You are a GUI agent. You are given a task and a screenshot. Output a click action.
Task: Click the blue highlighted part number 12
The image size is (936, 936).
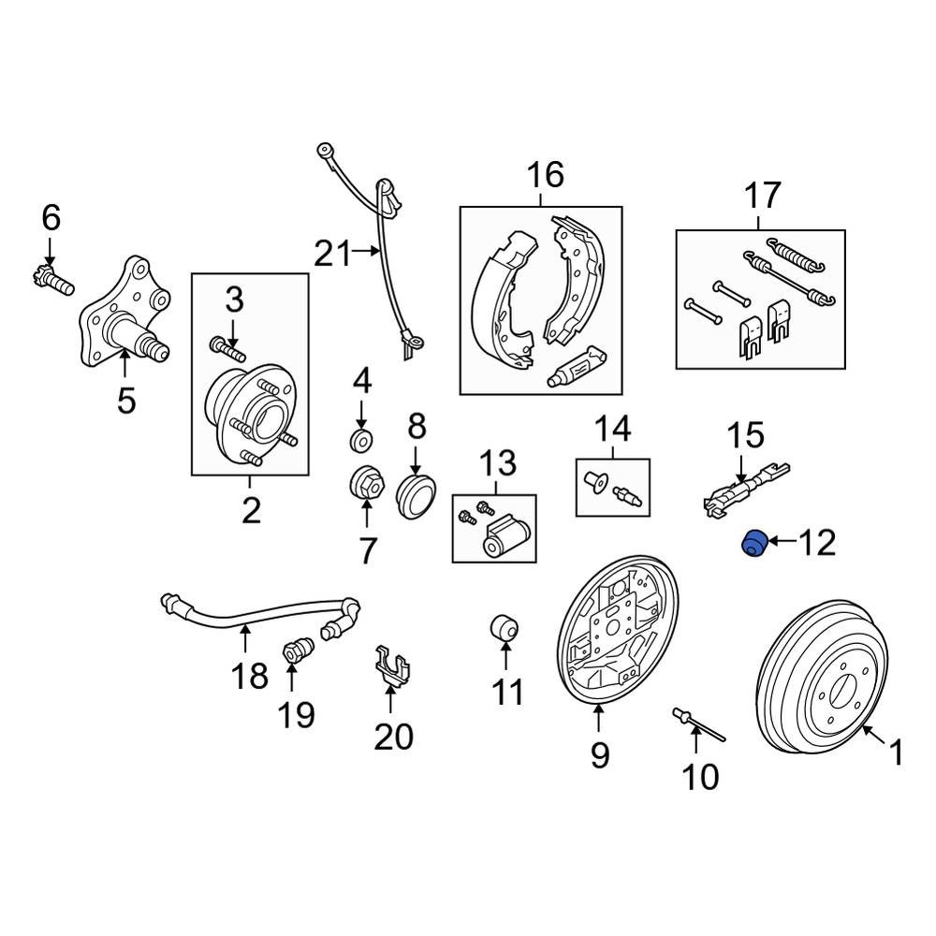[x=753, y=543]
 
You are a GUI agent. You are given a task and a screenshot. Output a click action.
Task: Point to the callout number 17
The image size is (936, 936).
[x=762, y=197]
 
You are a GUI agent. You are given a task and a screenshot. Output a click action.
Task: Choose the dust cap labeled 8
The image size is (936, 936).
[x=416, y=492]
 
